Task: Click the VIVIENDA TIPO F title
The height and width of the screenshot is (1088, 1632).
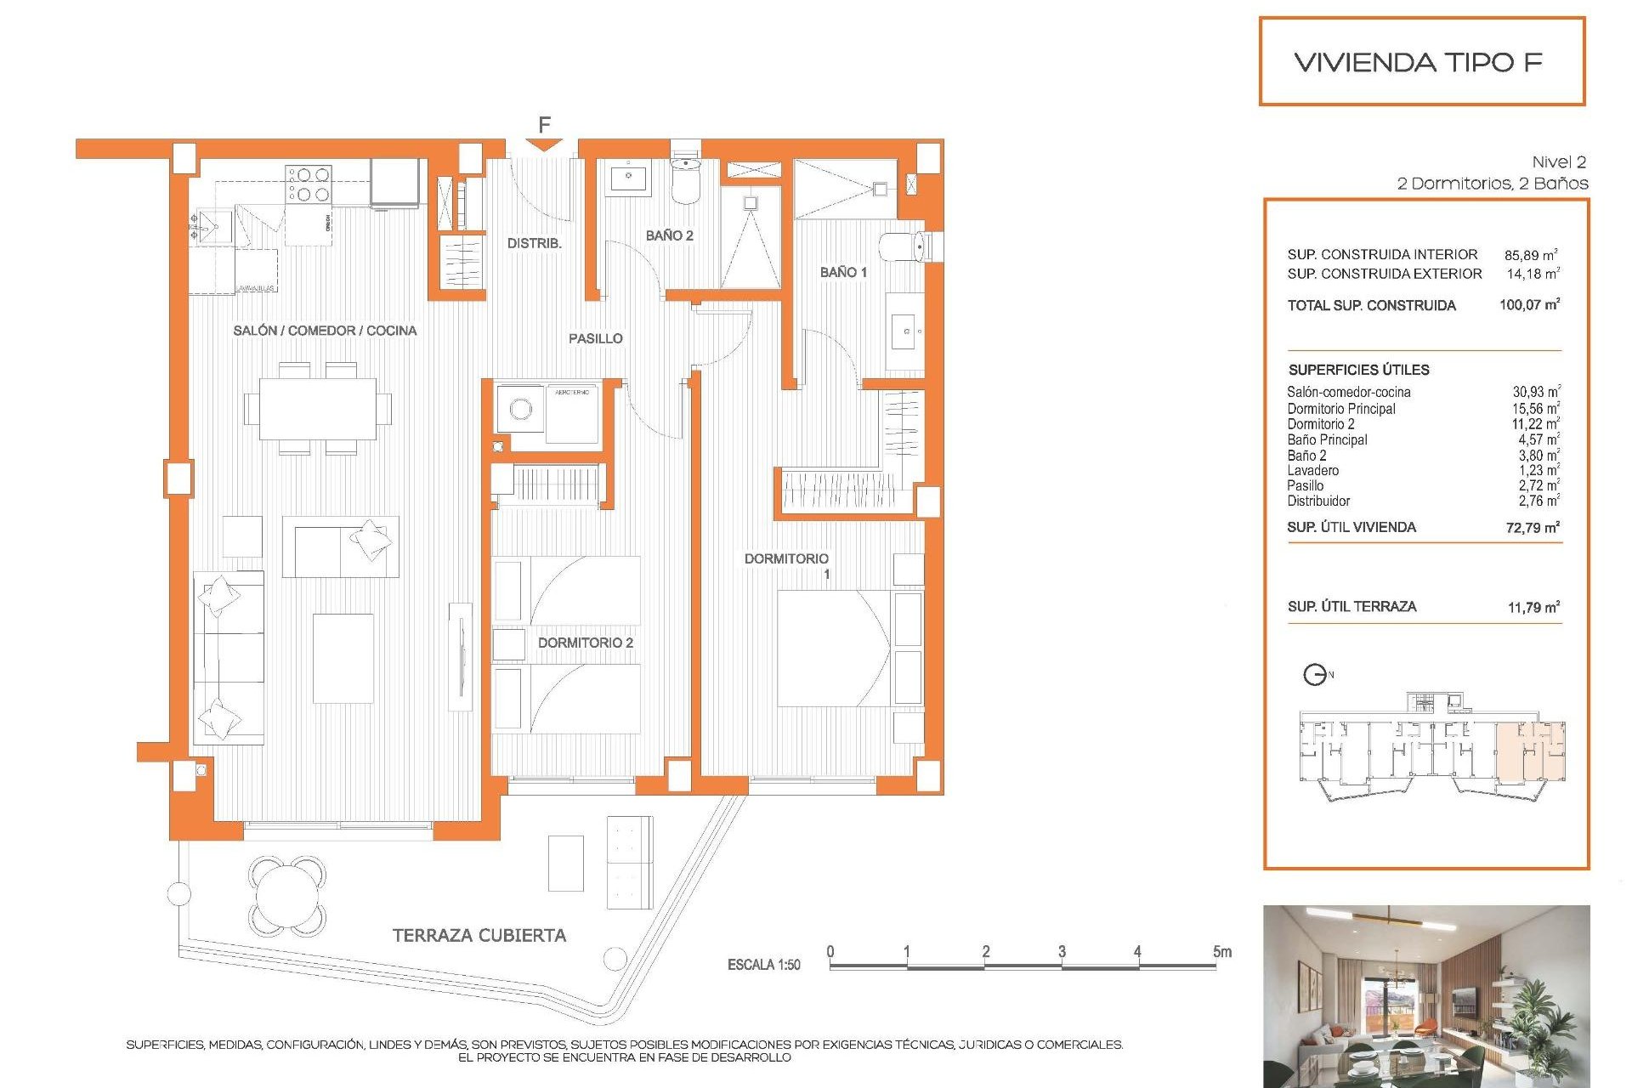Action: pos(1418,62)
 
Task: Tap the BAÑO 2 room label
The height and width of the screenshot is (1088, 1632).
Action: pos(669,235)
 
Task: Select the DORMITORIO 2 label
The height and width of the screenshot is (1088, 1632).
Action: pos(585,643)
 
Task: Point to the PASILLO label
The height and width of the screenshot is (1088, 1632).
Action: pos(595,338)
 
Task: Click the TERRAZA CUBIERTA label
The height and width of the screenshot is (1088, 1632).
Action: pos(479,935)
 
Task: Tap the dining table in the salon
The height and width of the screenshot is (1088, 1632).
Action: pos(318,409)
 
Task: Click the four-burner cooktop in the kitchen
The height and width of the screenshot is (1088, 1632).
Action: pos(309,184)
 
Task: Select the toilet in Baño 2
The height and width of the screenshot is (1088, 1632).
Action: pos(685,180)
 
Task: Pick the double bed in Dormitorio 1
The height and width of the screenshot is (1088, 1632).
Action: pos(833,648)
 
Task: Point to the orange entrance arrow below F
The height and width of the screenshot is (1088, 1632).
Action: pos(544,146)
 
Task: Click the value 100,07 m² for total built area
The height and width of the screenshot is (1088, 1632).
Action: pos(1529,304)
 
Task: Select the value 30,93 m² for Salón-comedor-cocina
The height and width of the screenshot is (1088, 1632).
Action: pos(1535,392)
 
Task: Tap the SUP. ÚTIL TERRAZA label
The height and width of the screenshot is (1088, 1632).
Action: pos(1351,606)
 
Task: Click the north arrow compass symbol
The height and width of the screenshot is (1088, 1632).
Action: pos(1315,675)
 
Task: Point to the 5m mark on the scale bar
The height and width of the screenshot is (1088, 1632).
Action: pos(1221,952)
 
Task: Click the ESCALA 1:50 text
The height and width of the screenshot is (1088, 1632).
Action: pos(763,965)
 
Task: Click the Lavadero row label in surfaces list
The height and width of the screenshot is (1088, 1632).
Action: pos(1312,470)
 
